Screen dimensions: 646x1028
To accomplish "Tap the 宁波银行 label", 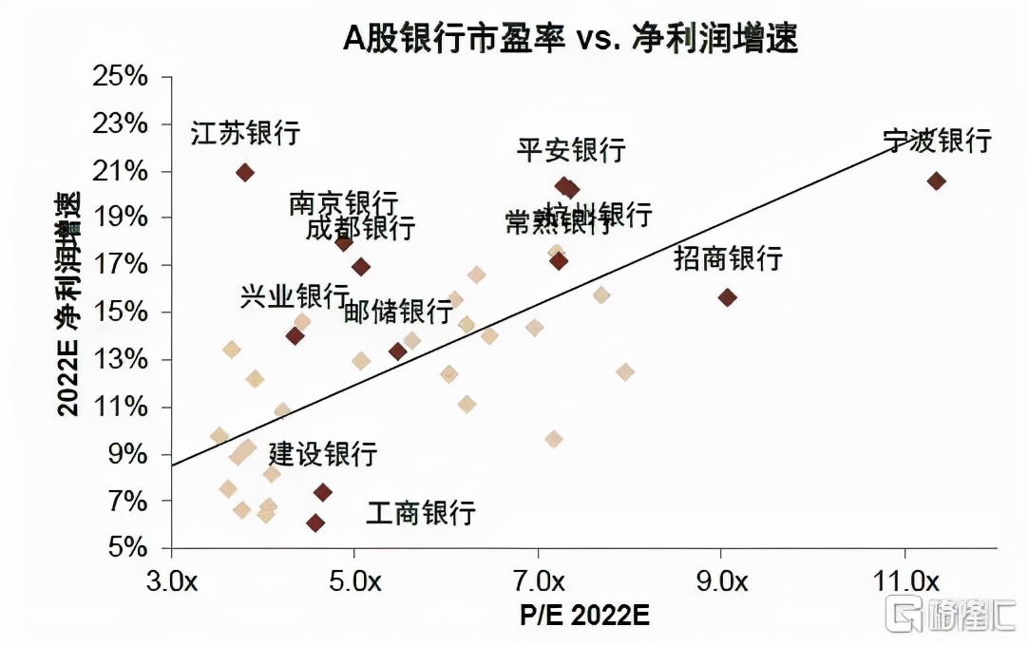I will coord(937,141).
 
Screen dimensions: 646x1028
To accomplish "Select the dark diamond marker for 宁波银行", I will coord(937,180).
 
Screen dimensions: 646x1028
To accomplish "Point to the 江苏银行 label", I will coord(245,132).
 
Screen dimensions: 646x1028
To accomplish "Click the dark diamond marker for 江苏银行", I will coord(245,172).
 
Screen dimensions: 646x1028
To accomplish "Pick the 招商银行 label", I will coord(728,257).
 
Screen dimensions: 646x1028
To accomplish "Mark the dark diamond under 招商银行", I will coord(728,297).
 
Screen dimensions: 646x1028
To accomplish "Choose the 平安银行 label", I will coord(571,149).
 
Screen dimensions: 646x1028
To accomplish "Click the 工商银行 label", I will coord(421,513).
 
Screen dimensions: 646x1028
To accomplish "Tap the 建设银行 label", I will coord(323,453).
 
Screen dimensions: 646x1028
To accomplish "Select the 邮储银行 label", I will coord(398,311).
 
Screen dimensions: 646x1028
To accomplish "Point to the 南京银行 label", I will coord(343,202).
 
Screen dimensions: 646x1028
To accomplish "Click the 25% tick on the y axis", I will coord(121,76).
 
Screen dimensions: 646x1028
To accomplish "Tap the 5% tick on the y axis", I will coord(126,548).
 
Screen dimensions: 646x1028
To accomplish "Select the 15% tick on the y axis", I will coord(121,313).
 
